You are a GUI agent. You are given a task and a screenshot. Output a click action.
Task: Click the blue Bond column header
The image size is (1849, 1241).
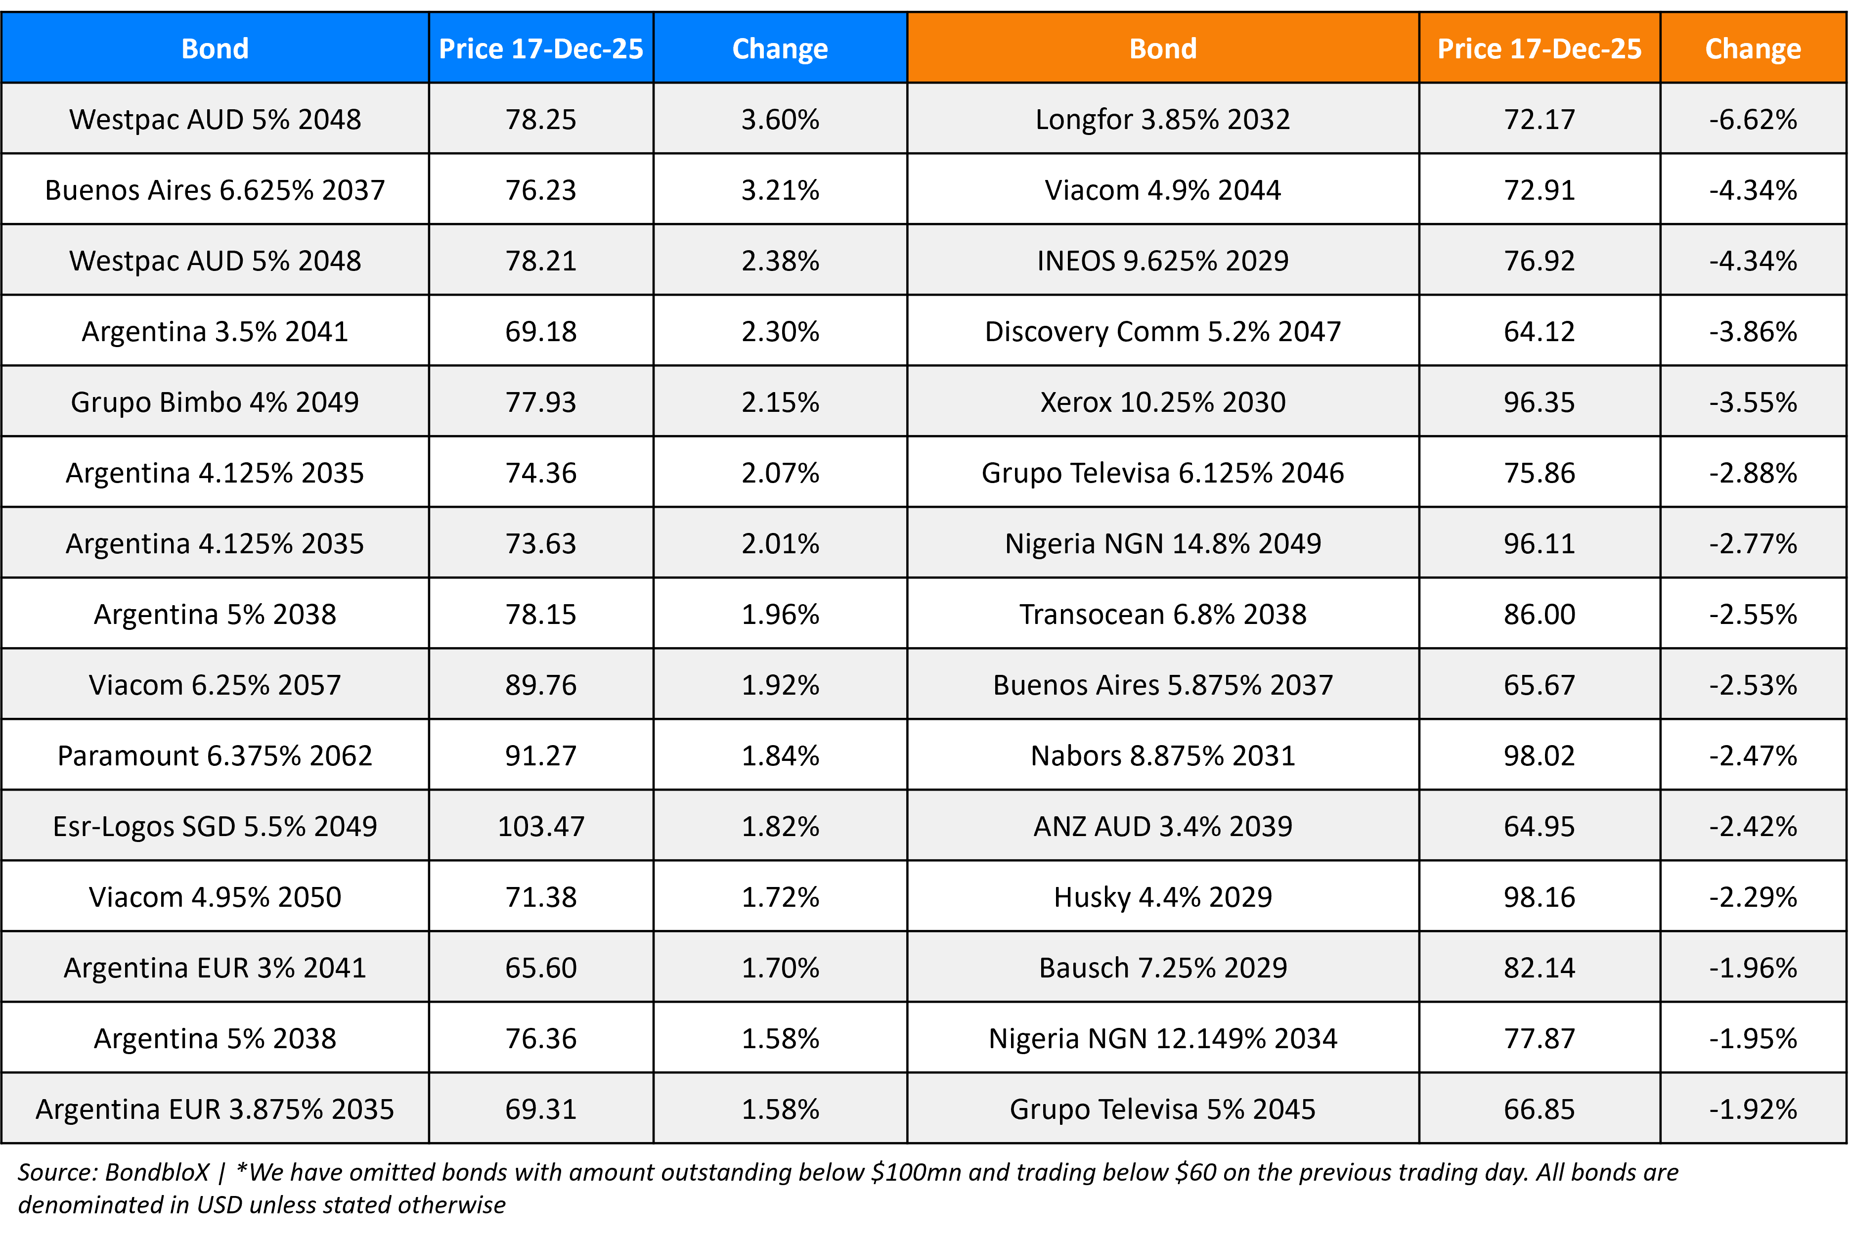tap(215, 48)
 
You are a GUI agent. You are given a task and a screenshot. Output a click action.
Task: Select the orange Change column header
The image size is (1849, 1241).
tap(1753, 48)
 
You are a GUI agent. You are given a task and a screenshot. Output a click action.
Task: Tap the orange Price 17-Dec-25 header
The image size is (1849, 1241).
tap(1539, 48)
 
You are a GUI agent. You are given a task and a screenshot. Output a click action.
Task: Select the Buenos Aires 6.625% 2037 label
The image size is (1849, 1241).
tap(215, 190)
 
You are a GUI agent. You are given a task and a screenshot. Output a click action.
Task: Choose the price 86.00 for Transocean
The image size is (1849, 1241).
tap(1539, 614)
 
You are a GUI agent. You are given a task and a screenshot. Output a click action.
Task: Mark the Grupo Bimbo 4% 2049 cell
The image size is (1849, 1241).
tap(215, 402)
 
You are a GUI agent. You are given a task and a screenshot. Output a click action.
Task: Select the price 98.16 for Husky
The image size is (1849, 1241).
tap(1539, 897)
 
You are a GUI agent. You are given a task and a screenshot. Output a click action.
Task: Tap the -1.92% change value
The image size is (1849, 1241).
tap(1753, 1109)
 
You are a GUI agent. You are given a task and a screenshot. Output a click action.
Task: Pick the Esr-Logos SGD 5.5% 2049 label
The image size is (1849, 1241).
tap(215, 826)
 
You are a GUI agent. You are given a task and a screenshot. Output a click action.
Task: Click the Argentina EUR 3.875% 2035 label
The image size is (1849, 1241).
tap(215, 1109)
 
